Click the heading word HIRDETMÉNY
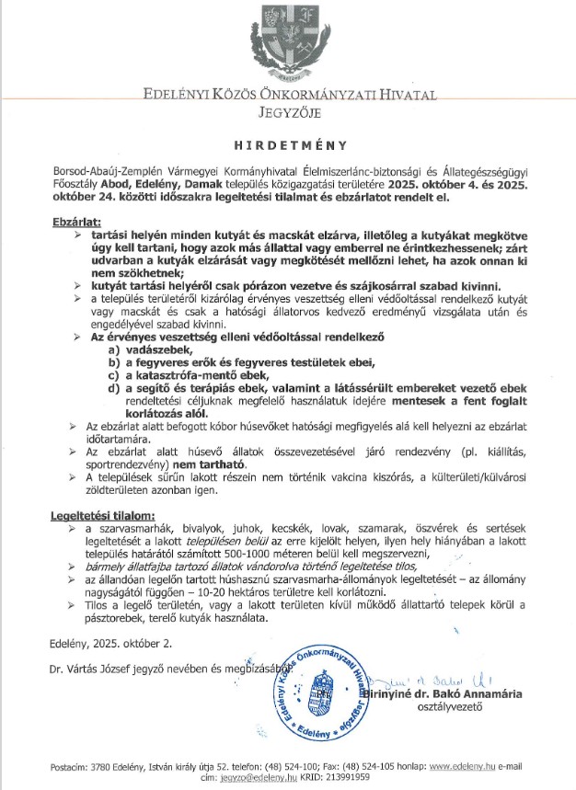tap(287, 144)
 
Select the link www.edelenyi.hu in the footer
tap(466, 765)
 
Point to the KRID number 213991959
tap(332, 777)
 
